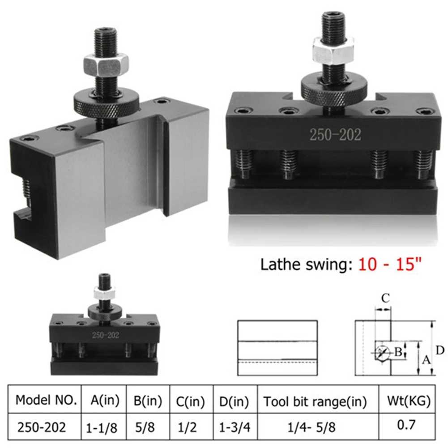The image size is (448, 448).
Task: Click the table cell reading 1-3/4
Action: (x=235, y=427)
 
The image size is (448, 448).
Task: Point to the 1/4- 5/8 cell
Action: (x=311, y=427)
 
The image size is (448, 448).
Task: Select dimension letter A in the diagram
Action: (x=426, y=359)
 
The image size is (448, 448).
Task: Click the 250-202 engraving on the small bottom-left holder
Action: (x=105, y=335)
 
